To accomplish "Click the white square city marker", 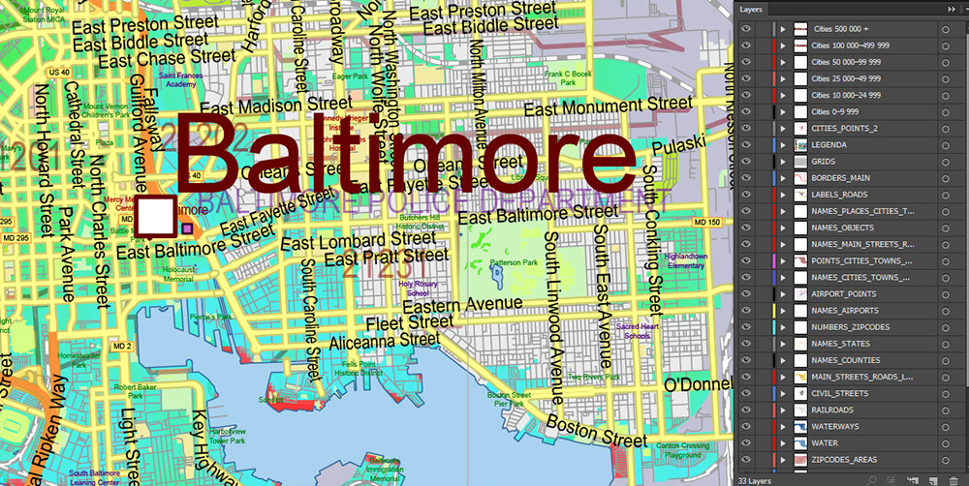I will pyautogui.click(x=156, y=217).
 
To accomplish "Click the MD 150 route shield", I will pyautogui.click(x=709, y=224).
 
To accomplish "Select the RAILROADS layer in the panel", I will pyautogui.click(x=833, y=410).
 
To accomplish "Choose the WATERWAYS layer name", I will pyautogui.click(x=835, y=426).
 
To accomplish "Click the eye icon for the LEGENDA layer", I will pyautogui.click(x=746, y=144).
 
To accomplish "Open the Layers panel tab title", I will pyautogui.click(x=753, y=9).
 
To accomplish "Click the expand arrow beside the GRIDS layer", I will pyautogui.click(x=782, y=161).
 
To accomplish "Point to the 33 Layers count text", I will pyautogui.click(x=756, y=479).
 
